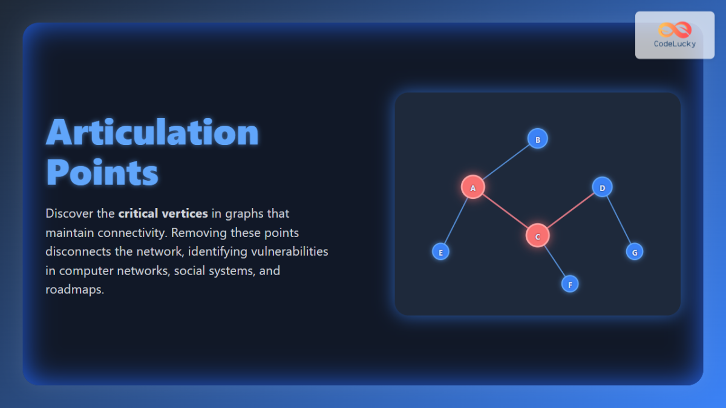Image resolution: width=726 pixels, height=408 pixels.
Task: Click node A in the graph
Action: point(473,187)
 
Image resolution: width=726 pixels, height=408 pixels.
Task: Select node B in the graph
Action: point(537,138)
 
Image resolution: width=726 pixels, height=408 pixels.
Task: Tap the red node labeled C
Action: point(537,236)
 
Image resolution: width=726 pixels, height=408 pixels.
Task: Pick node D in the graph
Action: point(602,187)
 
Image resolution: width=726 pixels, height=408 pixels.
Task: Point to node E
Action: point(440,251)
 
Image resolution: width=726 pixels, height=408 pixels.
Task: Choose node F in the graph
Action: point(570,283)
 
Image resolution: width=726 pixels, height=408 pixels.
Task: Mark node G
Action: point(635,251)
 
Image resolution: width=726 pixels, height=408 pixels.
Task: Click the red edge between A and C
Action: point(505,212)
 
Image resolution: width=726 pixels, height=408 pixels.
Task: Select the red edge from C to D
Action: point(570,212)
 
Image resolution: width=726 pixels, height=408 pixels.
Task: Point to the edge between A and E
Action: point(457,219)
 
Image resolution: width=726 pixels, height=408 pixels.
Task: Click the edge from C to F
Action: point(554,260)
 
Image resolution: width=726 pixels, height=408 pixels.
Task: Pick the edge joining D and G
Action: point(618,219)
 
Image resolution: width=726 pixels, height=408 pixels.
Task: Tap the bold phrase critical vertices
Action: point(163,213)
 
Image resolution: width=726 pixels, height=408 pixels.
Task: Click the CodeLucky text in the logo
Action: point(675,44)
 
